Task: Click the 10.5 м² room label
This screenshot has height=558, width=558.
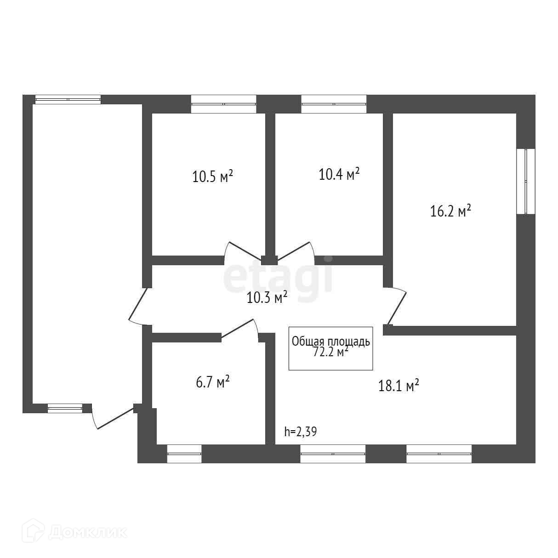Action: pos(213,176)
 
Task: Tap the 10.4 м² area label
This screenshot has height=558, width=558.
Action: pos(339,174)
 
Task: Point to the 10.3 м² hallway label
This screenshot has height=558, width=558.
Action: pos(267,297)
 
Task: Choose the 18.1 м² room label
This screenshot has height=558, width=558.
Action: pos(399,385)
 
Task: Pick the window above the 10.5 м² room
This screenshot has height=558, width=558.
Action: pos(223,104)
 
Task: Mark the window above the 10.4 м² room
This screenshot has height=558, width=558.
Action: pos(334,104)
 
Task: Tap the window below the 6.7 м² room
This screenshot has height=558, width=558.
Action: pos(184,454)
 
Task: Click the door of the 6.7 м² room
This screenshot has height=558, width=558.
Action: pos(239,329)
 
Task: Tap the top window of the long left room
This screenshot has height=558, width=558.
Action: pos(68,99)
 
